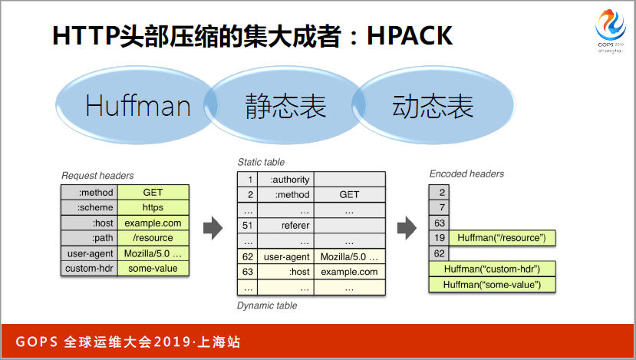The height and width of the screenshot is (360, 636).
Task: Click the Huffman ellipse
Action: click(x=137, y=105)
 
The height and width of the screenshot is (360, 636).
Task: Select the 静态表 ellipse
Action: click(x=285, y=105)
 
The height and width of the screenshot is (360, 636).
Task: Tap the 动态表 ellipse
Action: click(x=433, y=105)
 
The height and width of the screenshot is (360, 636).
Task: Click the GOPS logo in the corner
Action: click(x=611, y=31)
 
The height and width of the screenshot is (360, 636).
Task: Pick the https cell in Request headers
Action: click(x=153, y=207)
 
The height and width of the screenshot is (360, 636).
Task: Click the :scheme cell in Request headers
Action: click(x=89, y=207)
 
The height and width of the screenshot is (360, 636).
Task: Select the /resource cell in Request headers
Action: click(x=153, y=238)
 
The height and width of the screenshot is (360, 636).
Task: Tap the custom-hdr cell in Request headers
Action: click(x=89, y=269)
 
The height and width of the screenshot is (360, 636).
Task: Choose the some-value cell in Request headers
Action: click(x=153, y=269)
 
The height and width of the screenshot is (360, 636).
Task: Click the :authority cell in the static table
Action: click(x=286, y=180)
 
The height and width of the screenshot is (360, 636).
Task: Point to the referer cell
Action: click(x=286, y=225)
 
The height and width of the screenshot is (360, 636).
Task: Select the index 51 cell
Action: click(x=248, y=225)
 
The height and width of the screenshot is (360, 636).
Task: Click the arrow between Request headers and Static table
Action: click(x=213, y=228)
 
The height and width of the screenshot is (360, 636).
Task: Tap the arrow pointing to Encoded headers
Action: click(x=407, y=228)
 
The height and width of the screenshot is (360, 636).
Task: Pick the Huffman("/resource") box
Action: click(x=503, y=238)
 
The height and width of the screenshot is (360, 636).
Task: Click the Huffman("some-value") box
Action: click(x=492, y=285)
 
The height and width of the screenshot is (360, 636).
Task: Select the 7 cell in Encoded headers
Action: click(x=439, y=207)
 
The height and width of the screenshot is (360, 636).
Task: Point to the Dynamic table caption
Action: click(x=267, y=306)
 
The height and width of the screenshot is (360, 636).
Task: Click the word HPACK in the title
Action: click(x=410, y=36)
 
